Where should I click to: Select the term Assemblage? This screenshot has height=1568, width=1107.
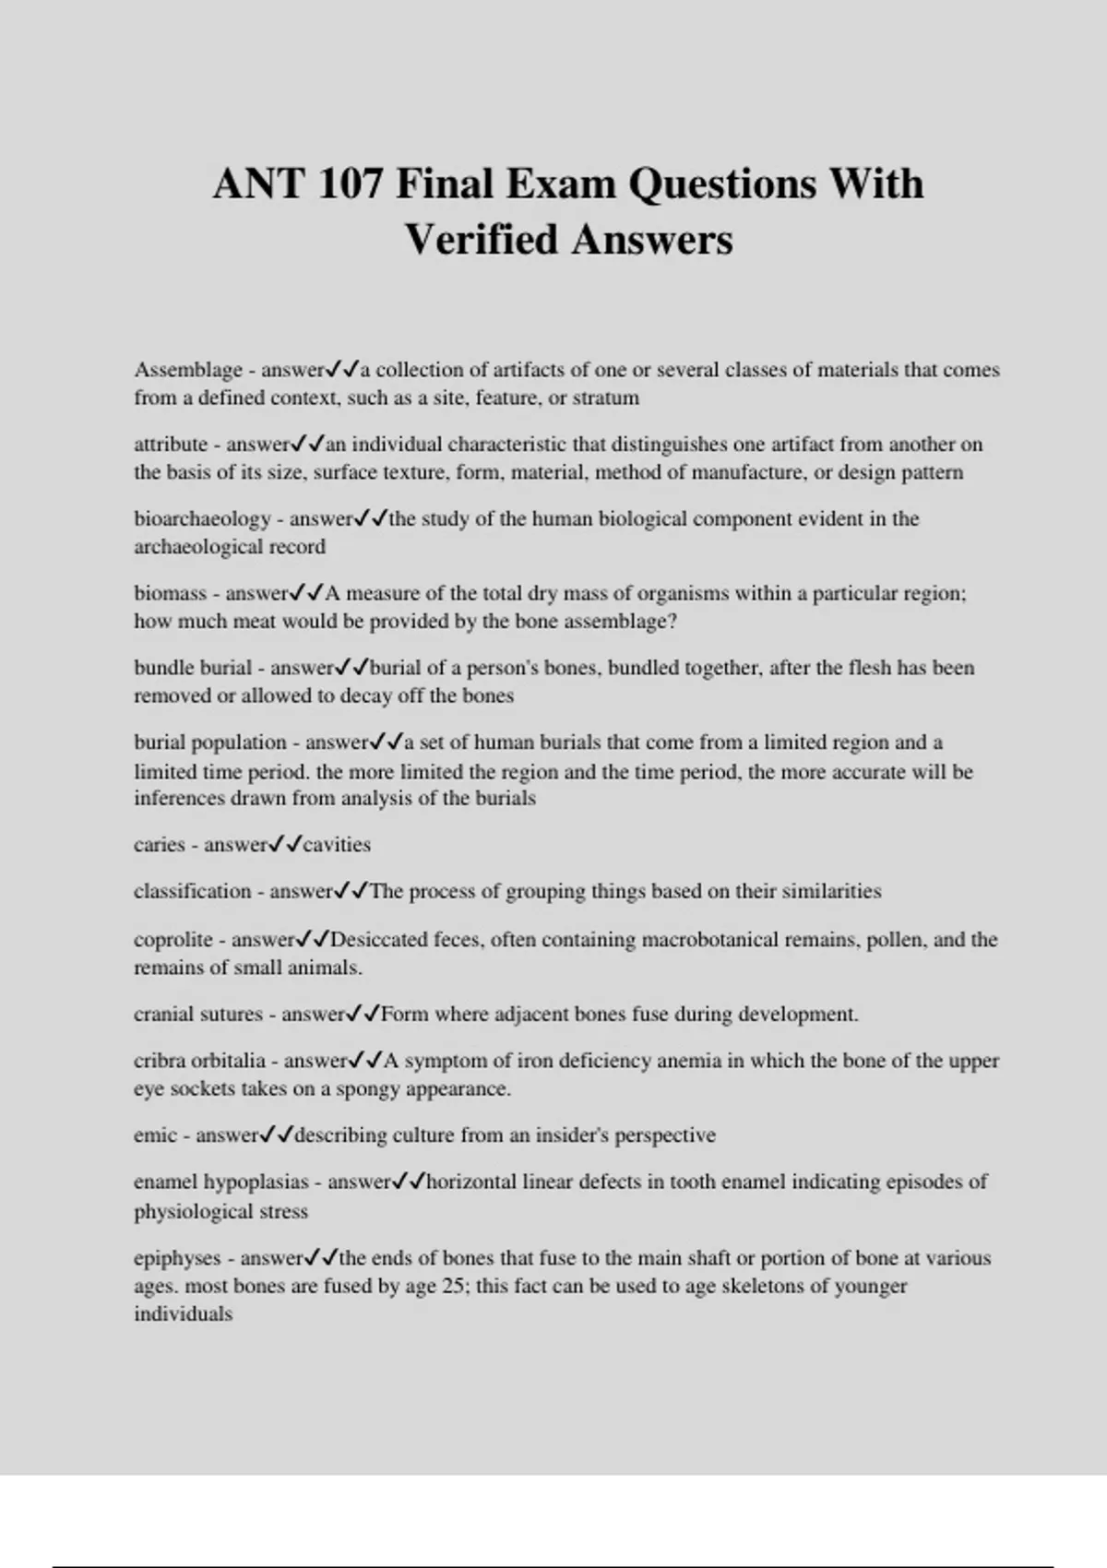click(188, 370)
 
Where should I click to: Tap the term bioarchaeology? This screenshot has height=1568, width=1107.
click(202, 518)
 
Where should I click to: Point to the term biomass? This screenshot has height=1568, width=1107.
click(170, 593)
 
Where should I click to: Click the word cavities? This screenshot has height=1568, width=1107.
click(337, 845)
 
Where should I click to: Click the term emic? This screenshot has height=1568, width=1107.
click(155, 1135)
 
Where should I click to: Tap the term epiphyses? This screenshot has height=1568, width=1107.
click(177, 1258)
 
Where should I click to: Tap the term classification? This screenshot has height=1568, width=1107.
click(192, 892)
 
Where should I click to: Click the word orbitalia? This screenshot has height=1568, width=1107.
click(228, 1061)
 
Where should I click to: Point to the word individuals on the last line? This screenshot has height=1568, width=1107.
click(183, 1314)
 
